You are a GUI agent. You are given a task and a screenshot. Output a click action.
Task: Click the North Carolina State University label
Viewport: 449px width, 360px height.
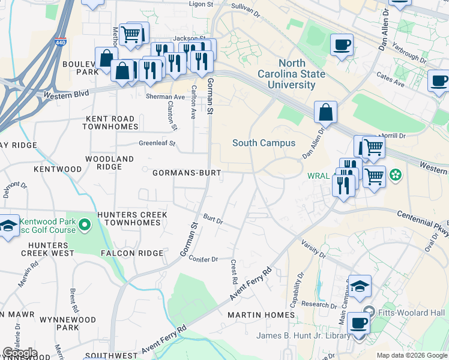pyautogui.click(x=302, y=74)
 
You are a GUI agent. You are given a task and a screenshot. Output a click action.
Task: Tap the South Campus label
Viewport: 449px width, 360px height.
pyautogui.click(x=264, y=143)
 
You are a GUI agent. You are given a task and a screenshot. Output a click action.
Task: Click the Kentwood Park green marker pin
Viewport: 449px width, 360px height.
pyautogui.click(x=85, y=226)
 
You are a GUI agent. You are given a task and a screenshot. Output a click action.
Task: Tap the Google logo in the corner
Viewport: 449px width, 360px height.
pyautogui.click(x=19, y=353)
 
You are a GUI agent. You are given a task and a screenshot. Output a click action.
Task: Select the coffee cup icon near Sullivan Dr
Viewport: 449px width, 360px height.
pyautogui.click(x=342, y=44)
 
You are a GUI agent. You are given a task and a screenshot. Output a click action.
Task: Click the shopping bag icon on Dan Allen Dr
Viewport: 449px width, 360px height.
pyautogui.click(x=325, y=112)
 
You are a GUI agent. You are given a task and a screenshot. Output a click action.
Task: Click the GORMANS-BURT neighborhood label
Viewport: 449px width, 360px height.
pyautogui.click(x=187, y=173)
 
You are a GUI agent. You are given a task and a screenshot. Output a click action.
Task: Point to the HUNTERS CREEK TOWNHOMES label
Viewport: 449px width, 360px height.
pyautogui.click(x=133, y=218)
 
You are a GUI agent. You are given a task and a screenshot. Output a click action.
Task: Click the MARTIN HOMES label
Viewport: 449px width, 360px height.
pyautogui.click(x=261, y=314)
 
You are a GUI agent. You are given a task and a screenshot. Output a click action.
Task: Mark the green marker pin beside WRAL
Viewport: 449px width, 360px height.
pyautogui.click(x=395, y=175)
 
